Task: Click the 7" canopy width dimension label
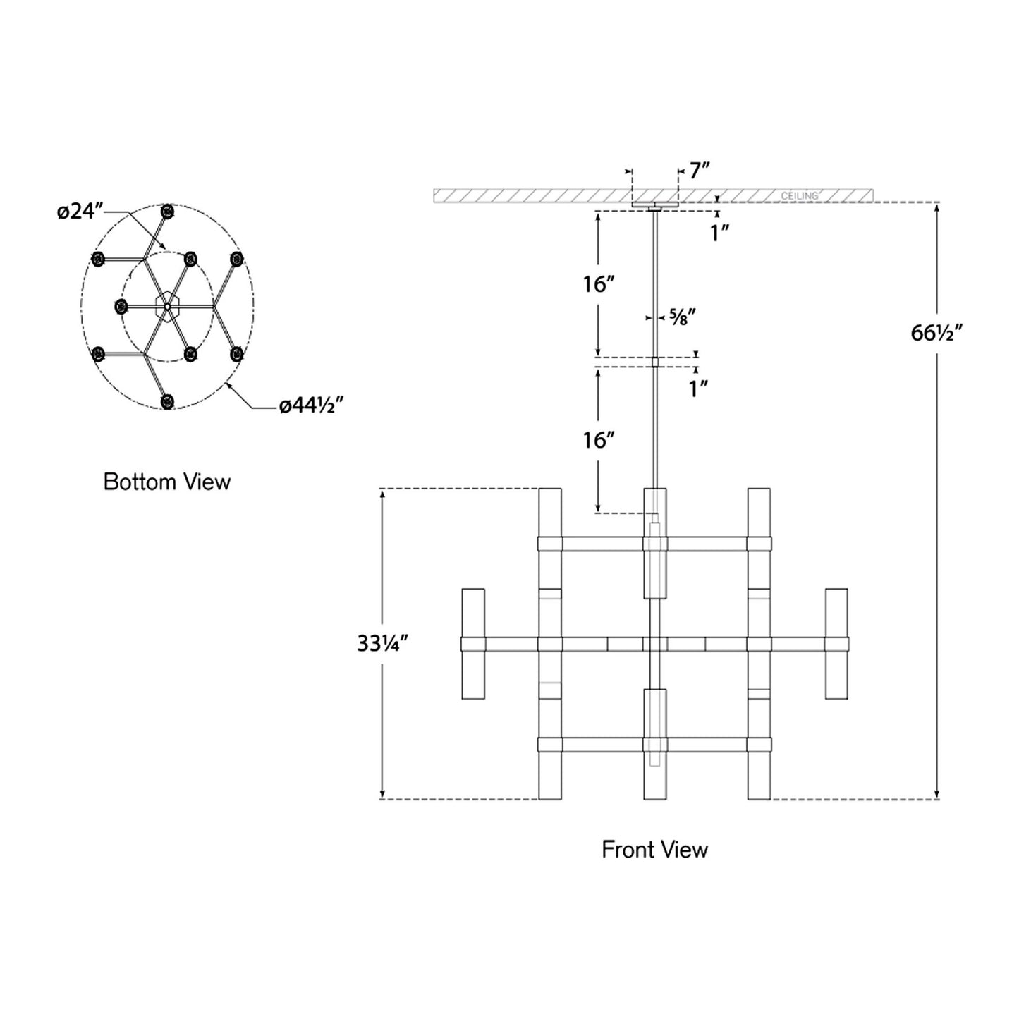coord(698,171)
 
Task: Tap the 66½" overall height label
coord(936,332)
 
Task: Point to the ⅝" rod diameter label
coord(681,317)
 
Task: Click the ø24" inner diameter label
coord(80,210)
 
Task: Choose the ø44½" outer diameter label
coord(311,405)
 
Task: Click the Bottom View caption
coord(167,482)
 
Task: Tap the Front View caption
coord(654,850)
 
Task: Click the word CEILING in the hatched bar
coord(799,195)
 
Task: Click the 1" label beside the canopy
coord(719,233)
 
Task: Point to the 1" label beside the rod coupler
coord(698,388)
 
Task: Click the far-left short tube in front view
coord(473,644)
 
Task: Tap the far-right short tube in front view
coord(836,644)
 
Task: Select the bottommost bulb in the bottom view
coord(167,402)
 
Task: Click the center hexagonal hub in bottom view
coord(167,307)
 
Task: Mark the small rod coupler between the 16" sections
coord(655,362)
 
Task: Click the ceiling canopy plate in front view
coord(655,205)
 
